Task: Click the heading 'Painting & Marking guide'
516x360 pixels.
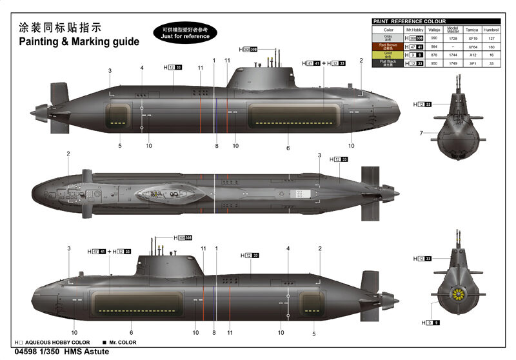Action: coord(78,41)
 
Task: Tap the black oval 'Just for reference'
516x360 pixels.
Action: coord(185,33)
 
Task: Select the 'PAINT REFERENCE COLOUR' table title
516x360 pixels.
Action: coord(409,21)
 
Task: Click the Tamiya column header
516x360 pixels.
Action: coord(473,30)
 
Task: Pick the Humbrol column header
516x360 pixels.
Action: coord(492,30)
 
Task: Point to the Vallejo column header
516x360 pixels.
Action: coord(433,30)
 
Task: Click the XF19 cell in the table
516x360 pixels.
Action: coord(473,39)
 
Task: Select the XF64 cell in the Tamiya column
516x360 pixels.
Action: coord(473,47)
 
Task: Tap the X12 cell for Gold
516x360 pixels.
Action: coord(473,55)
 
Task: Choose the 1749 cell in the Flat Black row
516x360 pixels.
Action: coord(453,63)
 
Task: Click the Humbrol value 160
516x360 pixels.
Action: coord(492,47)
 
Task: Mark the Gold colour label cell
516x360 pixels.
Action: coord(388,55)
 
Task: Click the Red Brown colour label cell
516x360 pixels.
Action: coord(388,47)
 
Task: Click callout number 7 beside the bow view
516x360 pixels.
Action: coord(421,133)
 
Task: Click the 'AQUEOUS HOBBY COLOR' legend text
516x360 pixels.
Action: coord(54,342)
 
